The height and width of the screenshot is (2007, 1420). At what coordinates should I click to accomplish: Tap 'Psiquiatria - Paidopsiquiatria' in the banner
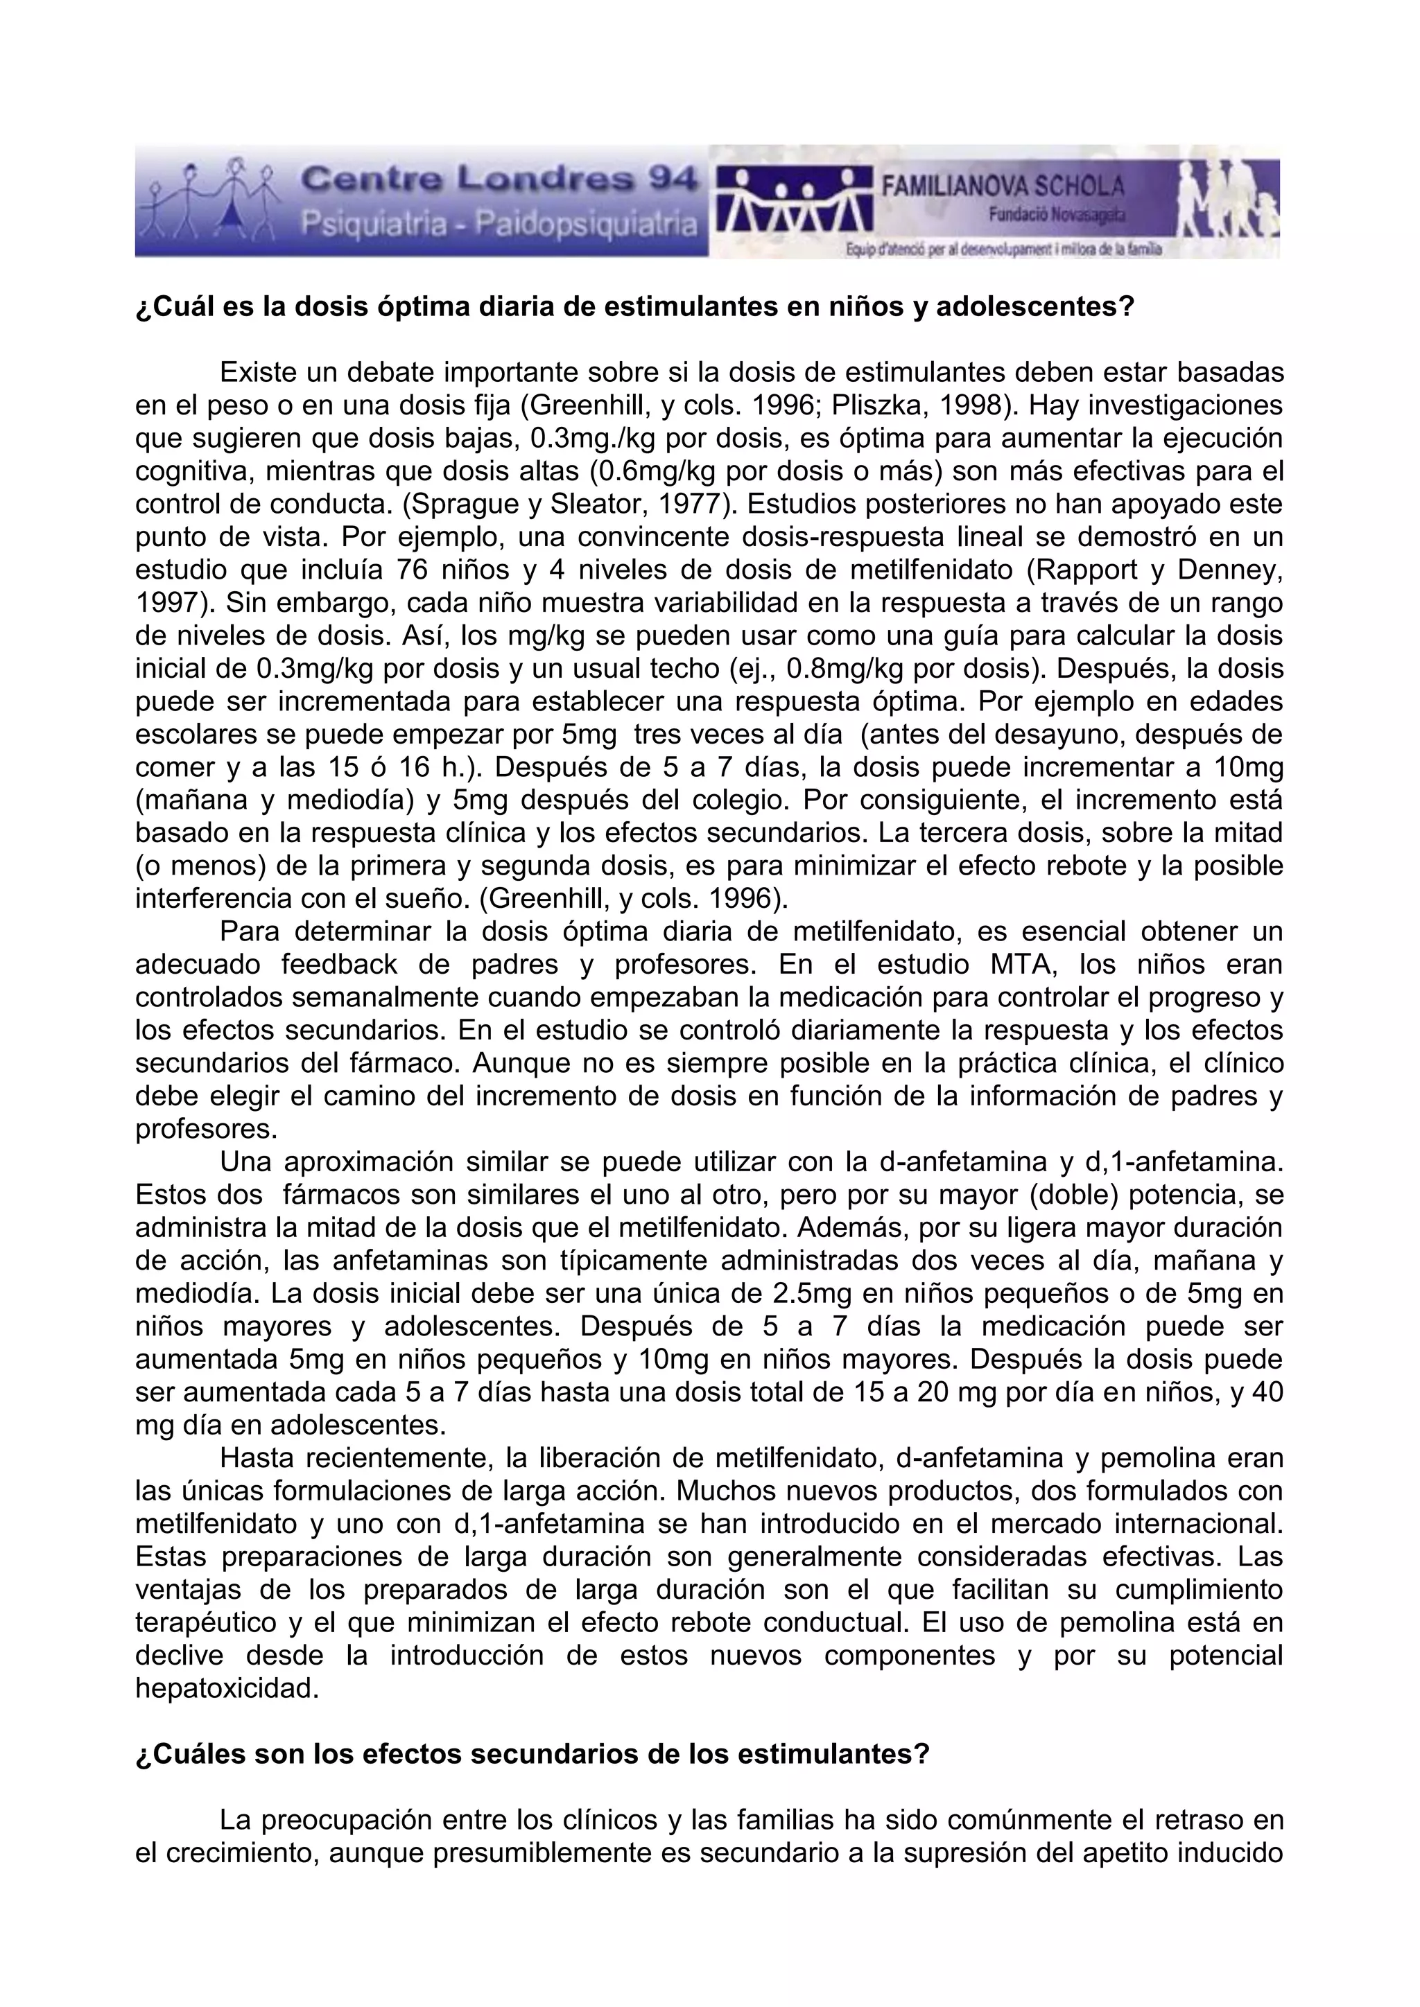(x=499, y=225)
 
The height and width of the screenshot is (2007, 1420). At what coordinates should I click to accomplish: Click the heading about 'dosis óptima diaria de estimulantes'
(x=634, y=308)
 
